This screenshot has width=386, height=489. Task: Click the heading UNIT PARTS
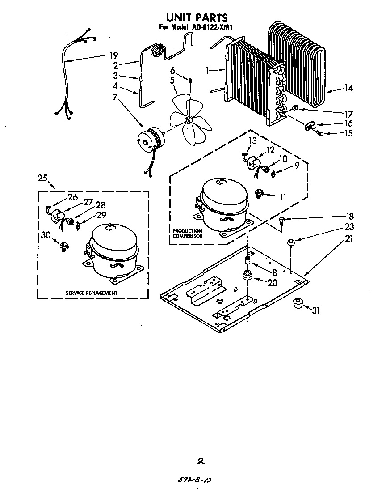point(197,17)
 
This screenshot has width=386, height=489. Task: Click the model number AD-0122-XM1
point(212,27)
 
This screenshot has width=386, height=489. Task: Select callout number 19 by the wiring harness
point(113,55)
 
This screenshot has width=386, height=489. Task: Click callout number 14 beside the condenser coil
point(348,88)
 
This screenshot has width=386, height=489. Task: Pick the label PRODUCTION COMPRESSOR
point(187,233)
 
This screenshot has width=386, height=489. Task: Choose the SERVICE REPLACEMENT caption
point(92,293)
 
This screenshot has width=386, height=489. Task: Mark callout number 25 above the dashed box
point(42,178)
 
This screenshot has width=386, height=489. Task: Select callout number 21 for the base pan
point(349,239)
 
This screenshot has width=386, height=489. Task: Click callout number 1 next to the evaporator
point(208,70)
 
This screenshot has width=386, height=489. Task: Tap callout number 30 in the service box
point(46,235)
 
